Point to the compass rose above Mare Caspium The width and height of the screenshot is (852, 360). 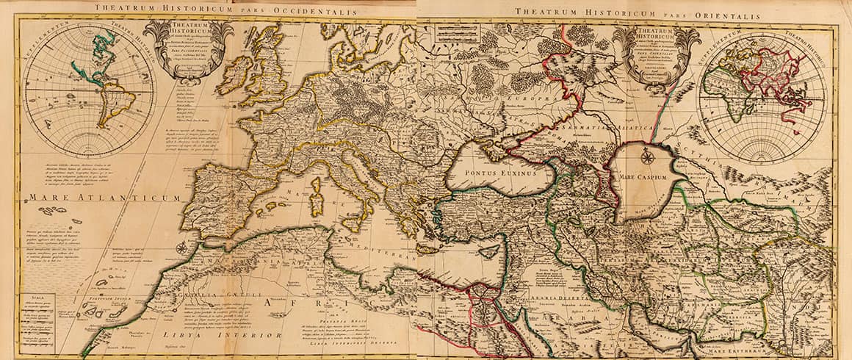[647, 156]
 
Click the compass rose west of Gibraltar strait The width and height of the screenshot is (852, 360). [181, 248]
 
